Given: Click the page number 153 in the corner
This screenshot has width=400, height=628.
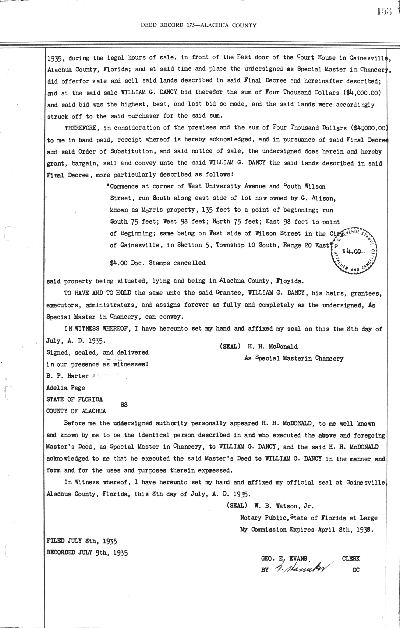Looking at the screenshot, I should pyautogui.click(x=386, y=12).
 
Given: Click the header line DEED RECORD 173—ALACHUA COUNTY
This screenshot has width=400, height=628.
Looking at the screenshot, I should pyautogui.click(x=199, y=25).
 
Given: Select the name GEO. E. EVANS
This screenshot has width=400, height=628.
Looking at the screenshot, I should pyautogui.click(x=286, y=559).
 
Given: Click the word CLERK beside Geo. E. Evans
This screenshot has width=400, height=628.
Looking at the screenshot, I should pyautogui.click(x=351, y=559).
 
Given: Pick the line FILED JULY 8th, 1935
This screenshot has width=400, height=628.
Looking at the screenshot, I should pyautogui.click(x=81, y=541).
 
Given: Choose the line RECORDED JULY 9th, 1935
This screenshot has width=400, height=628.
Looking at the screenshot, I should pyautogui.click(x=87, y=552).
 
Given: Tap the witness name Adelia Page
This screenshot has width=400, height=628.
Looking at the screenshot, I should pyautogui.click(x=66, y=388).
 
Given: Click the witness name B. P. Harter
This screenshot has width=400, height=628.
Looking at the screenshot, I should pyautogui.click(x=67, y=376).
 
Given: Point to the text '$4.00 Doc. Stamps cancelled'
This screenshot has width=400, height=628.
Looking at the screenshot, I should pyautogui.click(x=158, y=263).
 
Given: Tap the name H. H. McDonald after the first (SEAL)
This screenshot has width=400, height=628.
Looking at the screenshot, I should pyautogui.click(x=273, y=347).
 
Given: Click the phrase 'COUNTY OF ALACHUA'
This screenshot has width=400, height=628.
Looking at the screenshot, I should pyautogui.click(x=76, y=411).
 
